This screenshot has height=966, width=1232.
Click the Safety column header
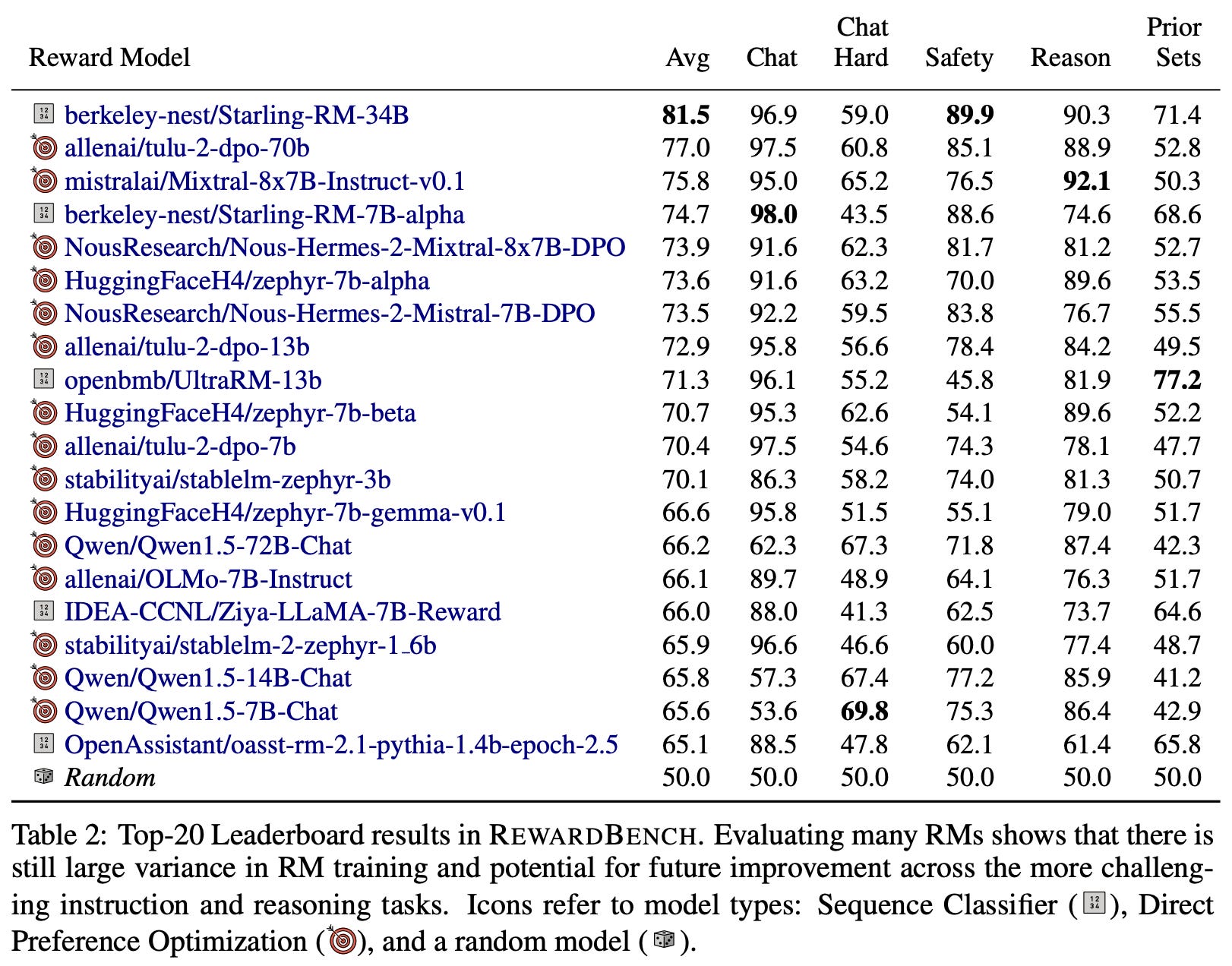tap(959, 58)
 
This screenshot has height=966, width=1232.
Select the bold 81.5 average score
tap(686, 115)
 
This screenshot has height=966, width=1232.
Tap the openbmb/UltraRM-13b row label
tap(193, 380)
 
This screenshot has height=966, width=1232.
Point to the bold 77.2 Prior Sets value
tap(1177, 380)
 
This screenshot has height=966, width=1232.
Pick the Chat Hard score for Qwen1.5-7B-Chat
tap(864, 712)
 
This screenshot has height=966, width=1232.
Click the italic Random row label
tap(110, 778)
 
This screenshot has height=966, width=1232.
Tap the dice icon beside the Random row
tap(44, 777)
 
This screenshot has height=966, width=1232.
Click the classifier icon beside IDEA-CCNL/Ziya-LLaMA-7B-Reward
tap(44, 611)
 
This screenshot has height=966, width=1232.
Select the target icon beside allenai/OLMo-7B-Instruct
tap(45, 578)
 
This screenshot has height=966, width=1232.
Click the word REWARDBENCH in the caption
tap(592, 835)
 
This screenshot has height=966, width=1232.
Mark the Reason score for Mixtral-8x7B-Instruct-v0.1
tap(1087, 182)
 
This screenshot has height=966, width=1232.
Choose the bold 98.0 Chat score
tap(773, 215)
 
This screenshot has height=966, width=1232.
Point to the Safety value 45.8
tap(970, 380)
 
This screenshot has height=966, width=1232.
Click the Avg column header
tap(687, 58)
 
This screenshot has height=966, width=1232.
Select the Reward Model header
tap(109, 58)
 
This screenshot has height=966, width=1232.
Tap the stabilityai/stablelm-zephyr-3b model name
tap(228, 480)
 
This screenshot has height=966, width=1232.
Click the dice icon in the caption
tap(664, 940)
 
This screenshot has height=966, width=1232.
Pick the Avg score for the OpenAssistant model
tap(686, 745)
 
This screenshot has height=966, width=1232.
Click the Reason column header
tap(1070, 58)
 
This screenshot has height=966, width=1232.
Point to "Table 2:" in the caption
tap(59, 835)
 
